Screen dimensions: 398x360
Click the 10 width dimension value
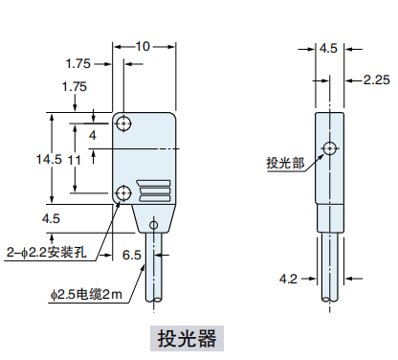pos(143,47)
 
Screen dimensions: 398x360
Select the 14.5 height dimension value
pos(49,159)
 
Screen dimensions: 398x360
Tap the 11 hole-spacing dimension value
pos(74,160)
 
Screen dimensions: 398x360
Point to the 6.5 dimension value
pos(132,255)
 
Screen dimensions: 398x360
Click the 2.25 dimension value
pos(377,79)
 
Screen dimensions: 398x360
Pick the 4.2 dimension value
pos(288,279)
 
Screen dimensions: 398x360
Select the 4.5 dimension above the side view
pos(328,49)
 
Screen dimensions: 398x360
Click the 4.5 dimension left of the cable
pos(51,218)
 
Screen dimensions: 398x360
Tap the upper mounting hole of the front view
pos(123,124)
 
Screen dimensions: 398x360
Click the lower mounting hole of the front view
pos(123,192)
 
